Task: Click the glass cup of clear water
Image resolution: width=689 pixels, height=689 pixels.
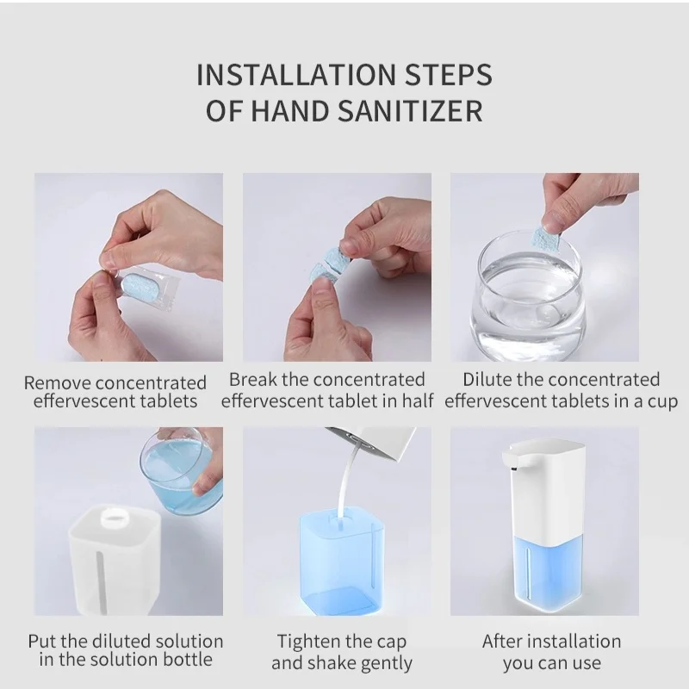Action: tap(528, 297)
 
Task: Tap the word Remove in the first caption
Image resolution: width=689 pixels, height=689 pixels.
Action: tap(57, 382)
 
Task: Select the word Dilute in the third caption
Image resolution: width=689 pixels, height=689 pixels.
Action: tap(487, 380)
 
